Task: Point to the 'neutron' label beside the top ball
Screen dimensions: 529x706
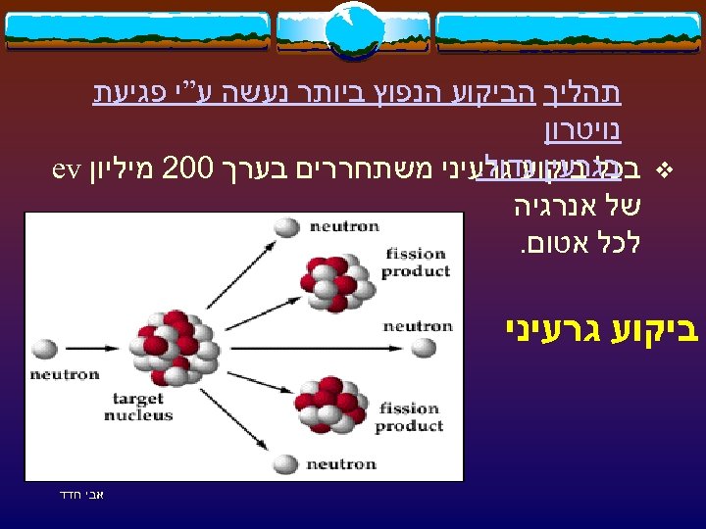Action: tap(343, 226)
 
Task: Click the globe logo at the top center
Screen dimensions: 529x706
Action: tap(353, 29)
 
